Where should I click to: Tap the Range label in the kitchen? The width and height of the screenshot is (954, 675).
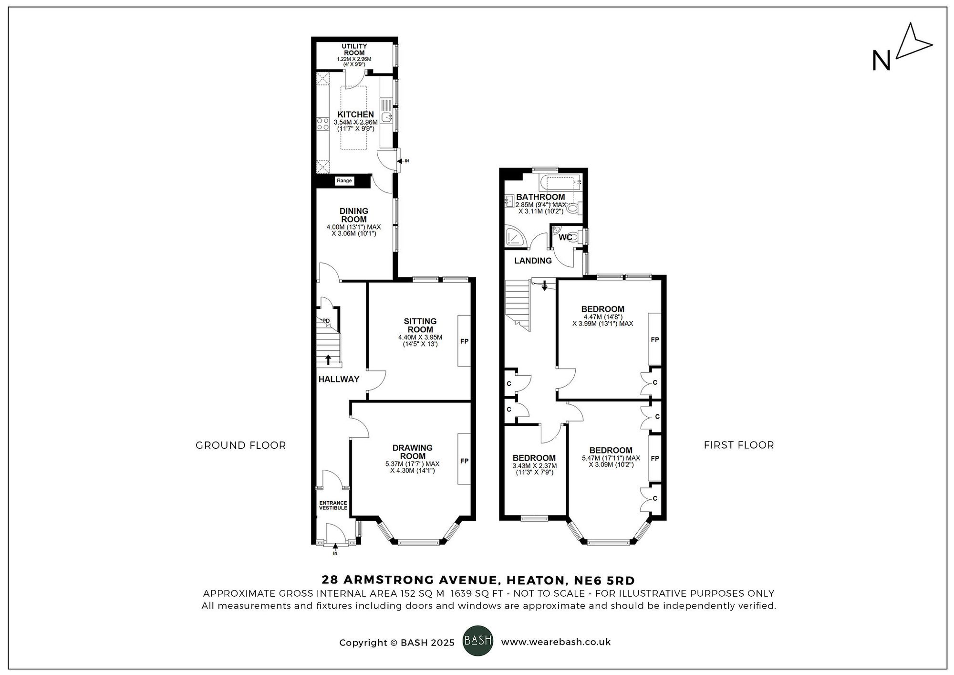click(x=344, y=180)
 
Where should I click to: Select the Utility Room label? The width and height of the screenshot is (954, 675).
click(x=354, y=49)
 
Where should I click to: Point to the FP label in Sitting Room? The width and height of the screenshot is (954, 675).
click(x=464, y=341)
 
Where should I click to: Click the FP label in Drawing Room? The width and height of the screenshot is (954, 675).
click(x=464, y=461)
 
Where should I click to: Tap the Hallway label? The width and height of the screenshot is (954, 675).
click(x=339, y=380)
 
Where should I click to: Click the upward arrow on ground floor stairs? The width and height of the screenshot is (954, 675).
click(x=328, y=359)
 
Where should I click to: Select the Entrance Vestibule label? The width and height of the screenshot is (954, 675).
click(x=333, y=506)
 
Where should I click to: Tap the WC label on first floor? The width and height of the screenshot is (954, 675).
click(x=565, y=237)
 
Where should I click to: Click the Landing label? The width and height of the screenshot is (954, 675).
click(x=533, y=261)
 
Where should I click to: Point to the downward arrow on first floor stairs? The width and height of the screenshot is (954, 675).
click(x=544, y=286)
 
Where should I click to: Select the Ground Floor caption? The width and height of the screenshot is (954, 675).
click(x=240, y=445)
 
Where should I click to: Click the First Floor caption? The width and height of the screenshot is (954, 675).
click(x=738, y=445)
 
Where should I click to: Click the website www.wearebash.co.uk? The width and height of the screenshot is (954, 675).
click(x=556, y=642)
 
